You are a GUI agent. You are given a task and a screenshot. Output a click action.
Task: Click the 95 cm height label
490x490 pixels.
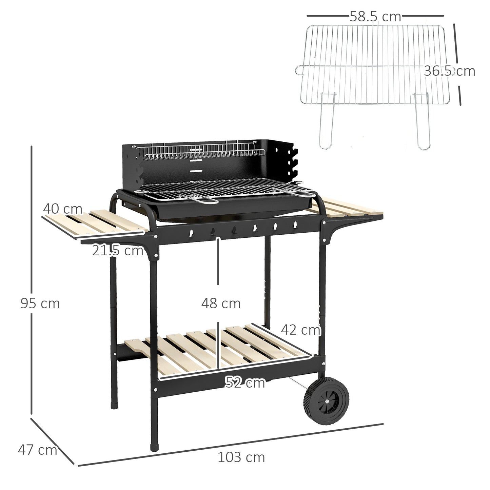[x=40, y=303]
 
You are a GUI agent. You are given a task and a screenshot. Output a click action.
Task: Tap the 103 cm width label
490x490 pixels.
[x=241, y=457]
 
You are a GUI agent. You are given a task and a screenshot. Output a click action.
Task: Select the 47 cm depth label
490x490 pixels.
[x=37, y=450]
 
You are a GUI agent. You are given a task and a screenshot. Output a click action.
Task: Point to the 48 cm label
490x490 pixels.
[x=221, y=303]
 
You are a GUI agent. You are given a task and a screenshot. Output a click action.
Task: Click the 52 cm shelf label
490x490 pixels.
[x=245, y=383]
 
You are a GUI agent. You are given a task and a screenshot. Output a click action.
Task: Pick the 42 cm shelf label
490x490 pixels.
[x=300, y=329]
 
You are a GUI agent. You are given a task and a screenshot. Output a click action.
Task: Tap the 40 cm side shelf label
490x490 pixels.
[x=63, y=209]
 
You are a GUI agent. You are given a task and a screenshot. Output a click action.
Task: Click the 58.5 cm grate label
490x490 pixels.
[x=375, y=17]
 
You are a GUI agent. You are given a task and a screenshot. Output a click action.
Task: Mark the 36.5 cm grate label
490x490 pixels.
[x=449, y=71]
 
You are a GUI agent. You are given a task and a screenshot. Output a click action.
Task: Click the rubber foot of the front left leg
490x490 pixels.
[x=154, y=446]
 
